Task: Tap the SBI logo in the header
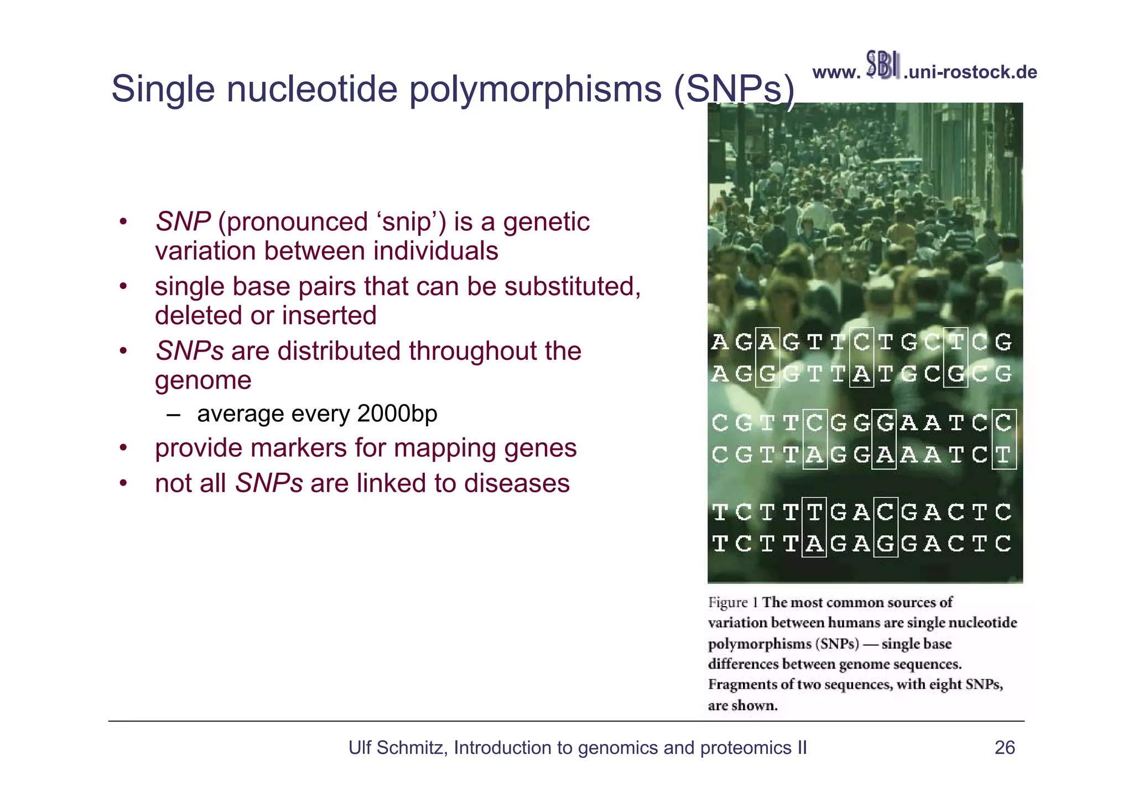click(882, 65)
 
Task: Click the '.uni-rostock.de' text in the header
click(970, 73)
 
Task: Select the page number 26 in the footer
click(1004, 748)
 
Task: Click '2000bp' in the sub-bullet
click(397, 414)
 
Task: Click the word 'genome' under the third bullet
click(203, 380)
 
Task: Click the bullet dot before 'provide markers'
click(124, 448)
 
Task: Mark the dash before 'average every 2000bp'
click(173, 415)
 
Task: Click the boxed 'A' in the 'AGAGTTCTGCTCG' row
click(767, 342)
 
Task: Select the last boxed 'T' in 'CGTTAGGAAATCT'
click(1003, 455)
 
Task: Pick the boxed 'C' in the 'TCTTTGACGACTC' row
click(885, 512)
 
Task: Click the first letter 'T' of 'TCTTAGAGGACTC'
click(719, 544)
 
